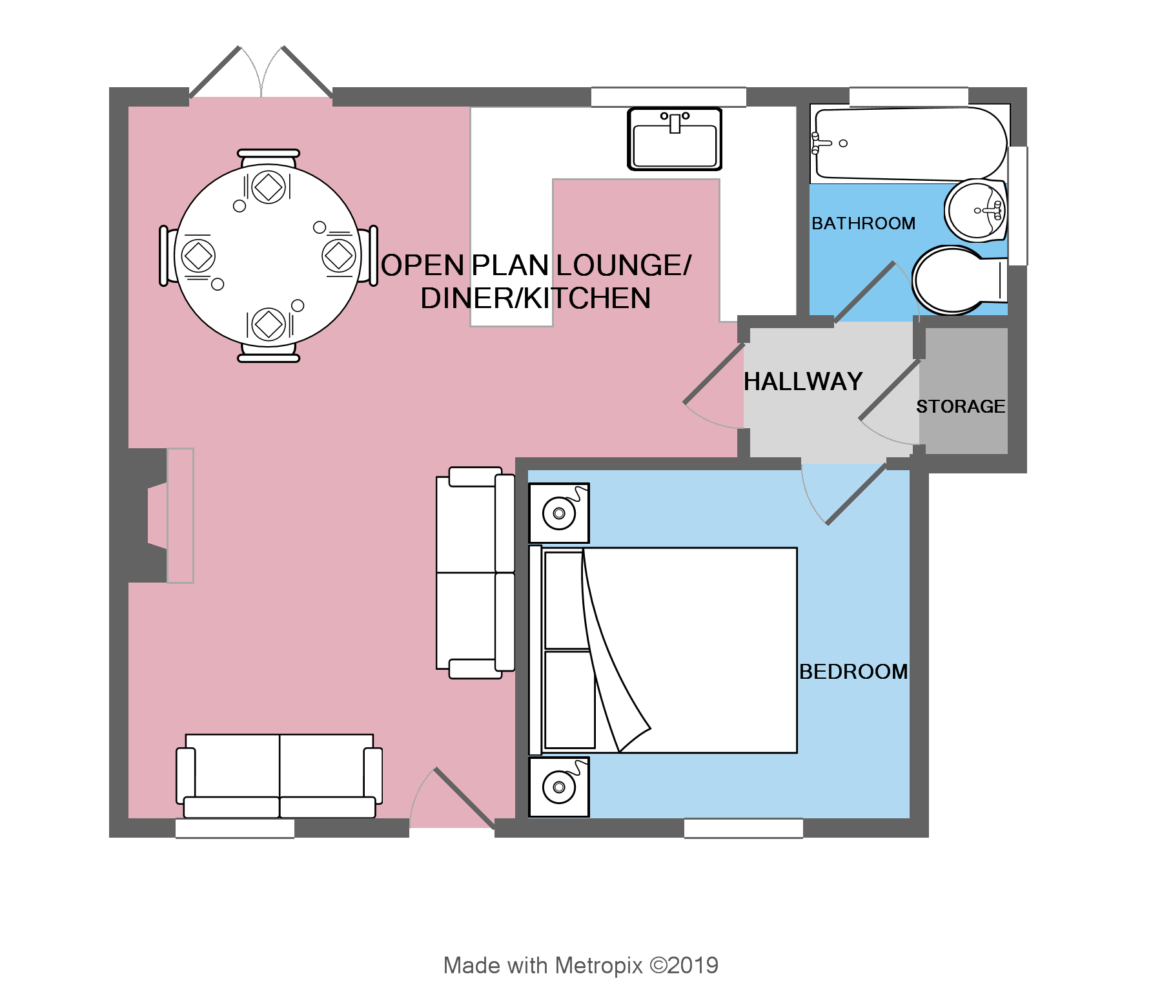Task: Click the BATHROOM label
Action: tap(863, 223)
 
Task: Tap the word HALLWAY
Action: tap(803, 382)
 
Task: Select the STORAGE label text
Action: tap(961, 406)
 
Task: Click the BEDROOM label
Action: tap(853, 672)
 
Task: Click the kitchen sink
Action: tap(675, 140)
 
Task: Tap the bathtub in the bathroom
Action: tap(909, 143)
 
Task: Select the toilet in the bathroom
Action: tap(955, 280)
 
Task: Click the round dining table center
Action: tap(268, 255)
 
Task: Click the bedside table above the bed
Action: tap(559, 513)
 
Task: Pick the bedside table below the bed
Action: tap(559, 787)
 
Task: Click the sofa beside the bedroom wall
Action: tap(475, 573)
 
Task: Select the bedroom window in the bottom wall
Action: tap(743, 828)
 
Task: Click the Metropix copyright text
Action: tap(580, 966)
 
